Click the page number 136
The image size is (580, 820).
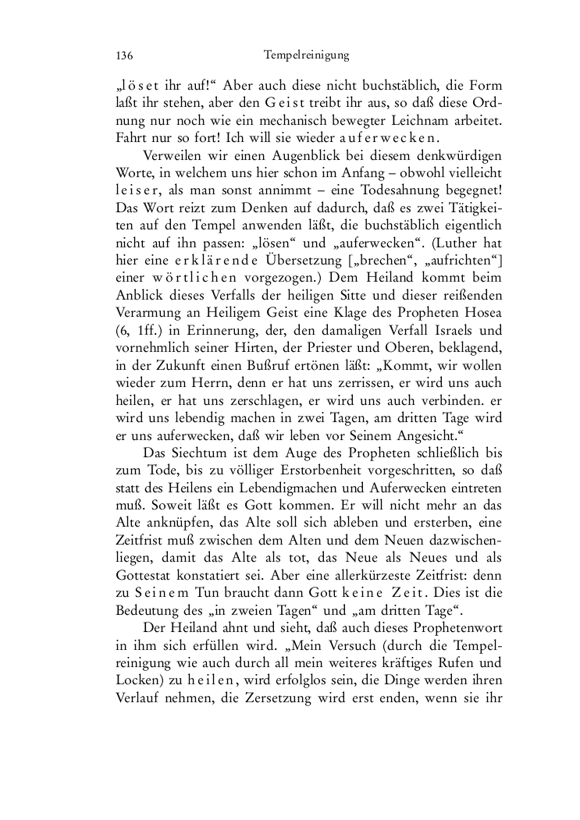(x=124, y=55)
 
